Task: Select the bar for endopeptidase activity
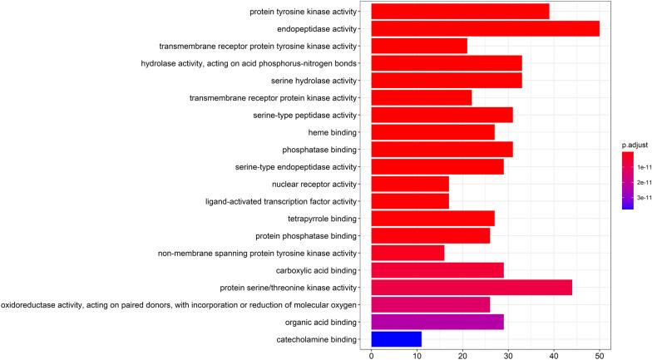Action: (485, 28)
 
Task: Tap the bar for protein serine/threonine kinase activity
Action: (471, 287)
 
